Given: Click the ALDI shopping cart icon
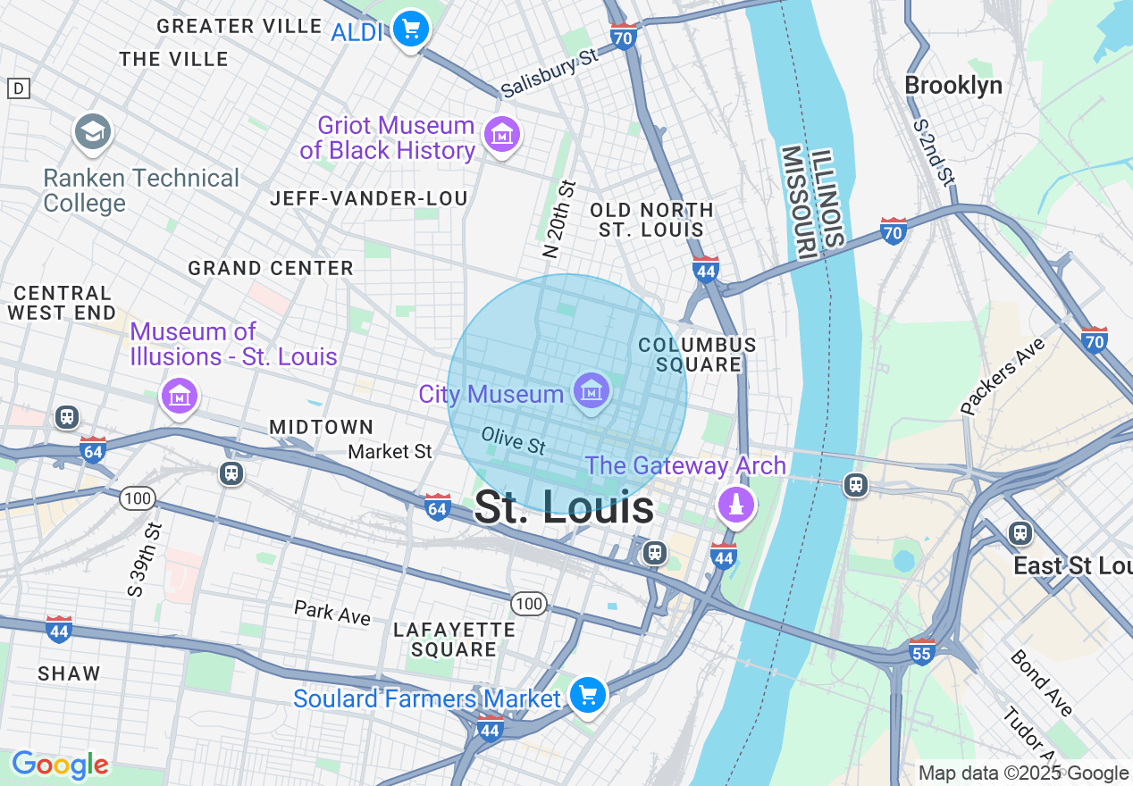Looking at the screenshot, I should (x=411, y=30).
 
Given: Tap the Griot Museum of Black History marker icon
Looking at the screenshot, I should (x=501, y=136).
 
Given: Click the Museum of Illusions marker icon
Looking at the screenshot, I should (x=180, y=395).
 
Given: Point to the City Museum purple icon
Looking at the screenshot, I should (x=592, y=391).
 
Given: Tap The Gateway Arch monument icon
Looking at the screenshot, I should (x=736, y=505).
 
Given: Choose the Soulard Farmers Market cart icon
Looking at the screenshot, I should (x=588, y=695).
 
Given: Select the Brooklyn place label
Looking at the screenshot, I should (x=953, y=86).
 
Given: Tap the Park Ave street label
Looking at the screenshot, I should (x=332, y=613).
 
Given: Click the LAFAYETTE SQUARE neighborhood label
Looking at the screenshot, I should (x=454, y=640).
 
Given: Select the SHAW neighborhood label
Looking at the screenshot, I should (x=69, y=673).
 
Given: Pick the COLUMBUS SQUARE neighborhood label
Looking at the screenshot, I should (x=697, y=355).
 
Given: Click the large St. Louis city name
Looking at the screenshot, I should (x=564, y=508).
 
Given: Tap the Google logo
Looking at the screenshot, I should (x=60, y=765).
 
